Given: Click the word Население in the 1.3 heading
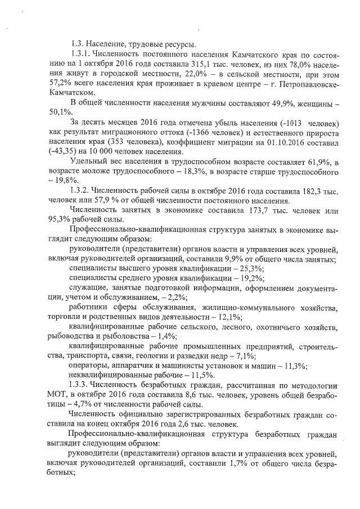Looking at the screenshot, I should pyautogui.click(x=109, y=44).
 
